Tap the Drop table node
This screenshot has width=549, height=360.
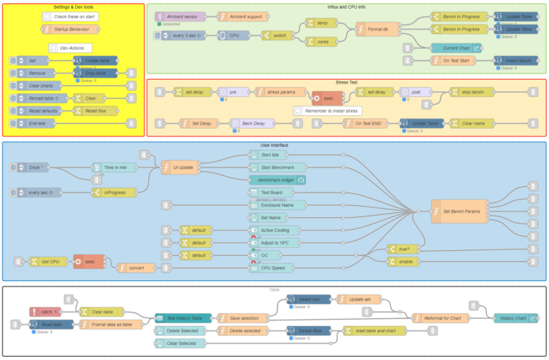95,73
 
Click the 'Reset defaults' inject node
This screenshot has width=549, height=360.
41,111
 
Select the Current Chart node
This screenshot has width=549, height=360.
458,48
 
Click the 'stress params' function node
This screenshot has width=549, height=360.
280,92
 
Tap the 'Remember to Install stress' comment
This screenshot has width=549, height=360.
327,111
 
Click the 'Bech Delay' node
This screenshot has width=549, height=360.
252,123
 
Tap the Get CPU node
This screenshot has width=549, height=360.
48,261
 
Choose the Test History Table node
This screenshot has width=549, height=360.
185,317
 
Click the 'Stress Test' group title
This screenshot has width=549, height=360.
346,81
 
